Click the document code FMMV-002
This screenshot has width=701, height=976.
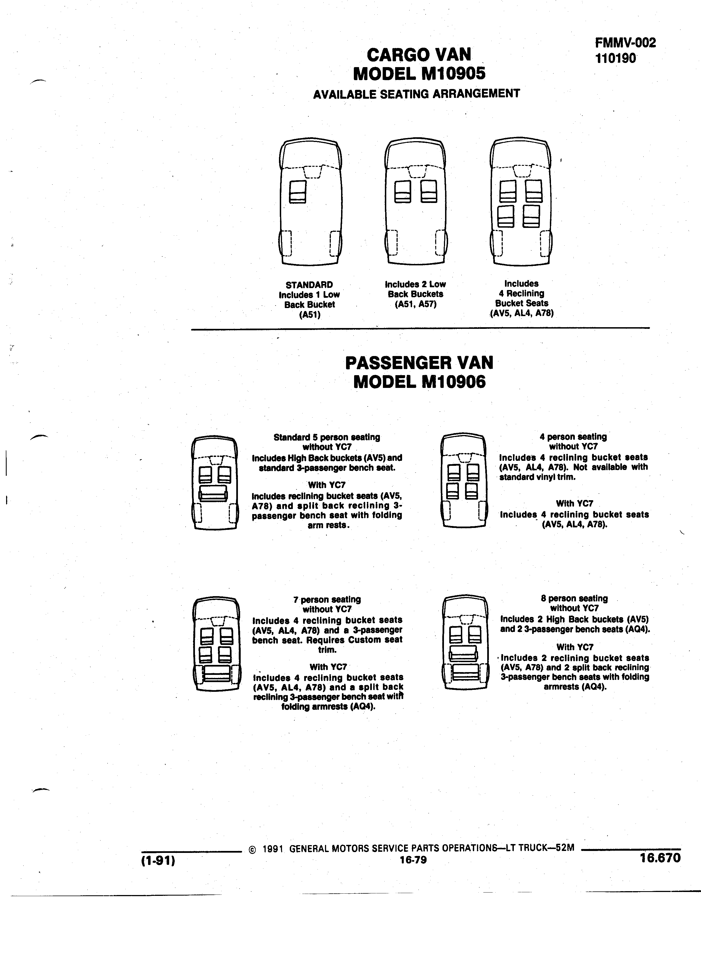click(x=626, y=43)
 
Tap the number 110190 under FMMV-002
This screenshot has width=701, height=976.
click(x=615, y=58)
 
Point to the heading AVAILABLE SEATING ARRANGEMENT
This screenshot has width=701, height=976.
click(x=416, y=93)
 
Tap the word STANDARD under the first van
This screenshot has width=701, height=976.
click(x=309, y=285)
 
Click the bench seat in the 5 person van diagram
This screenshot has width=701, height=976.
click(x=213, y=493)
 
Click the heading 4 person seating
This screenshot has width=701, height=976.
click(x=573, y=437)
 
